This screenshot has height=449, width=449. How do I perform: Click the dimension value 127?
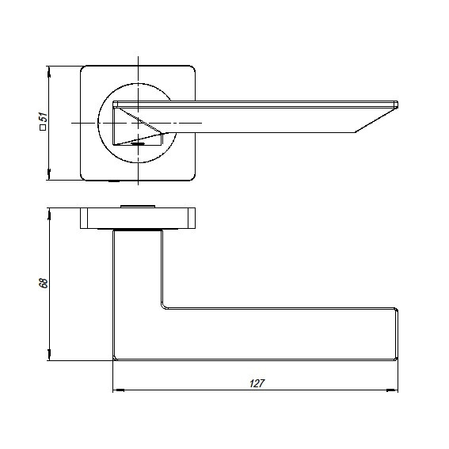257,383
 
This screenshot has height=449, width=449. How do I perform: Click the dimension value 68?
44,283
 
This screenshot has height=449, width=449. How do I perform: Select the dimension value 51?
43,117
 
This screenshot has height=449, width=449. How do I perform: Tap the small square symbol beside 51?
43,127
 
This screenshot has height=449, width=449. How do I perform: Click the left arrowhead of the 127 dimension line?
119,390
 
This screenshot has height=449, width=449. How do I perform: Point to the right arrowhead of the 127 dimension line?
392,390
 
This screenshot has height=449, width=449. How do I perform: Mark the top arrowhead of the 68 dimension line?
49,214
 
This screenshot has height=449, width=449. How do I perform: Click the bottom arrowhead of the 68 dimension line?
49,355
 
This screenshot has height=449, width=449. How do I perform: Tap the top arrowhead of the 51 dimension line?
49,72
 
